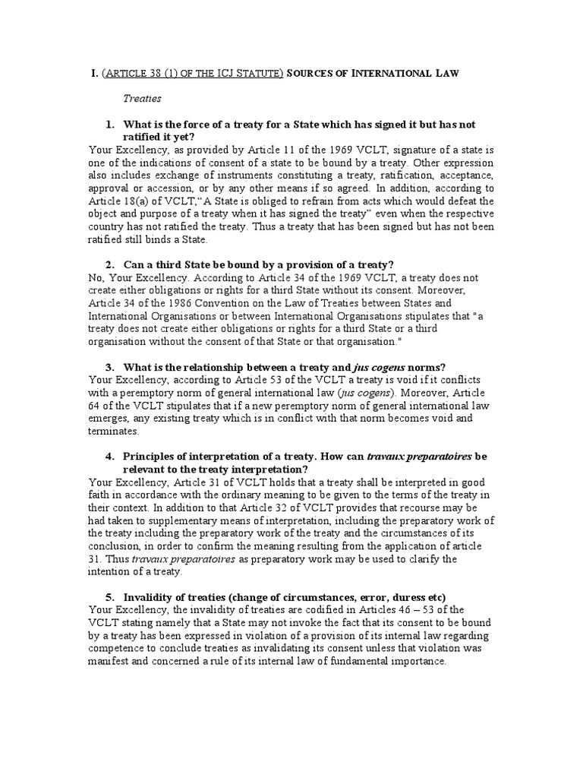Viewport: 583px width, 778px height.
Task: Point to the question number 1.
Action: click(x=110, y=124)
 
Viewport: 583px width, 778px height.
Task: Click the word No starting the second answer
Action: click(x=96, y=277)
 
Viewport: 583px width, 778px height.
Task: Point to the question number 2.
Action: click(x=110, y=264)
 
